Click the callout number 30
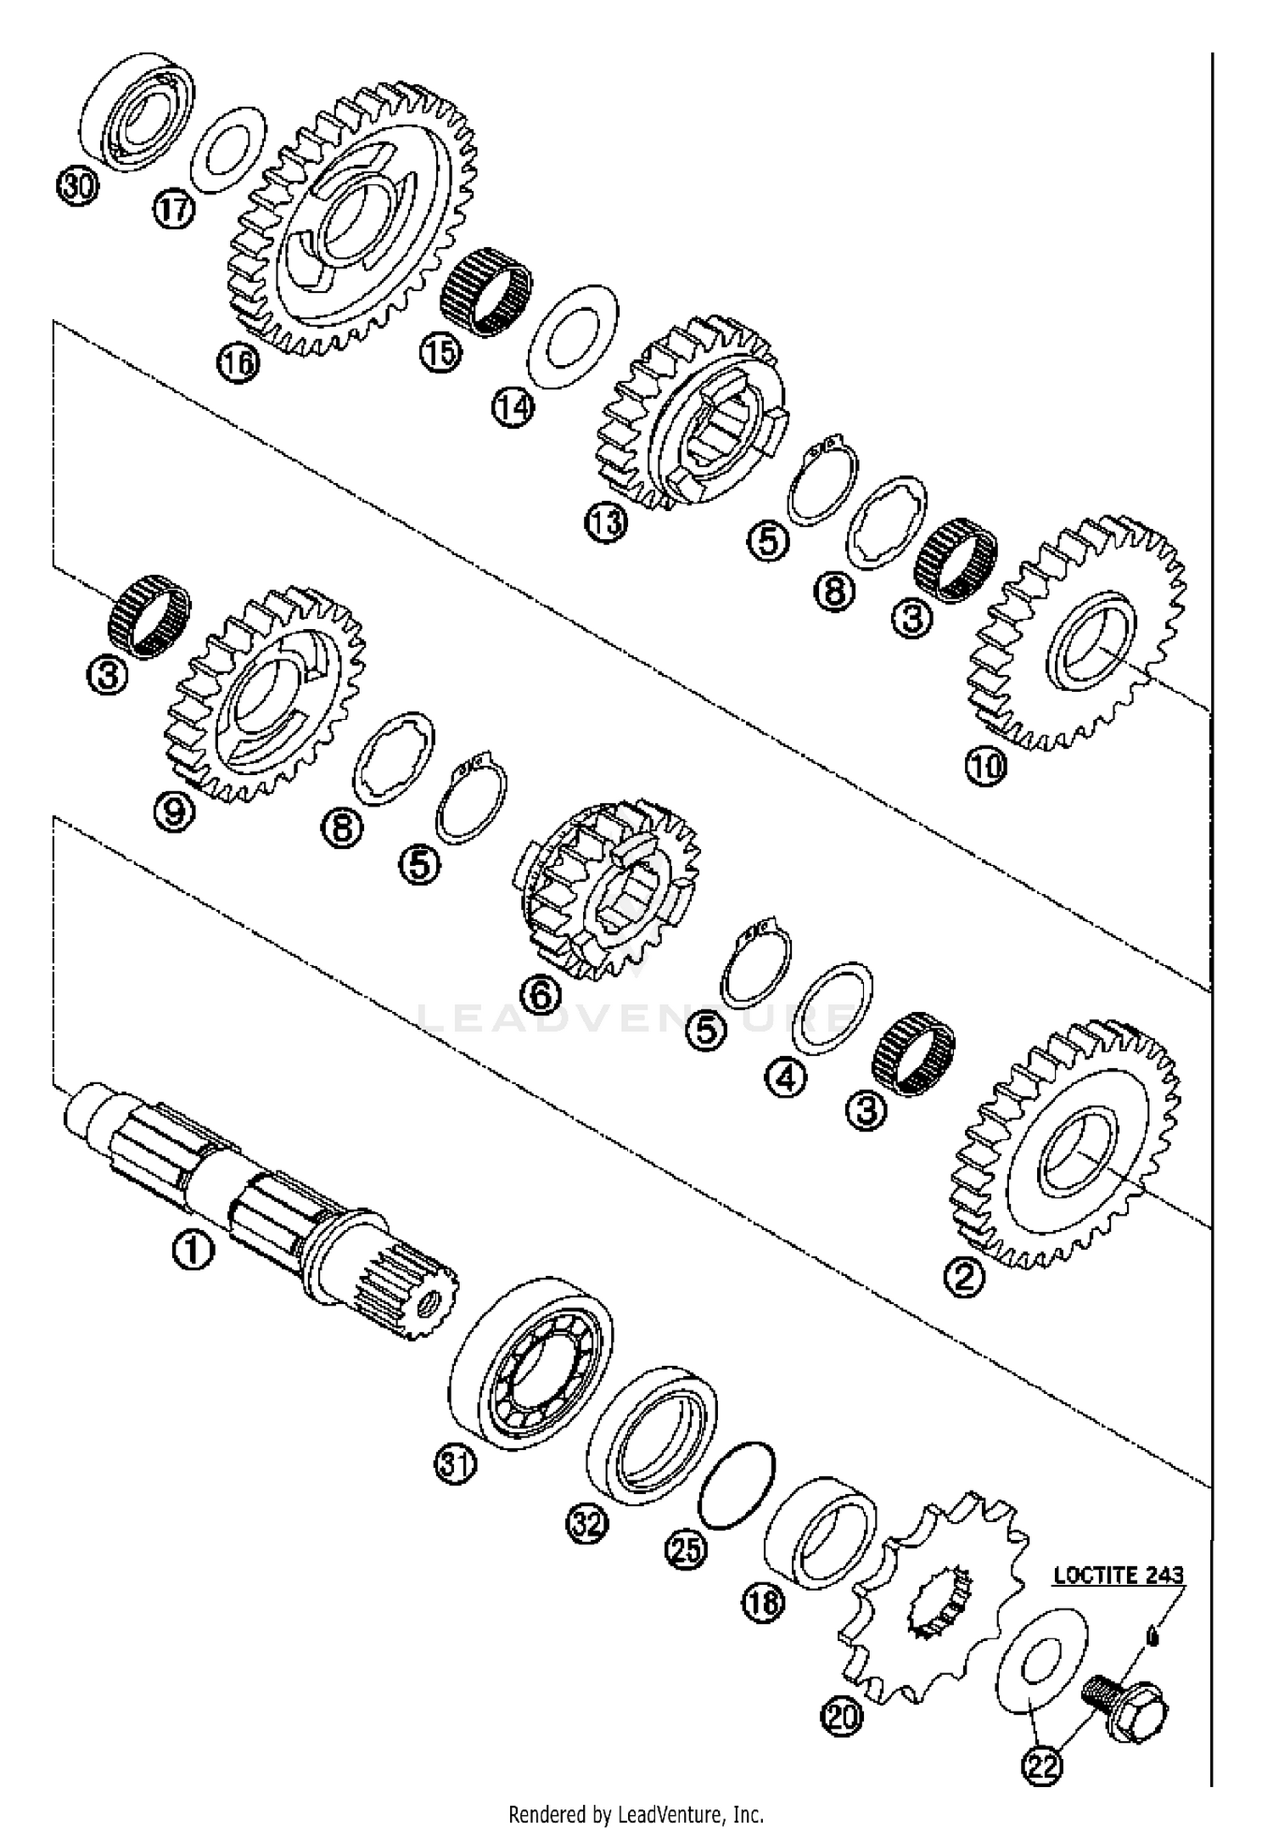coord(77,185)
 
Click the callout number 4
coord(786,1078)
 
